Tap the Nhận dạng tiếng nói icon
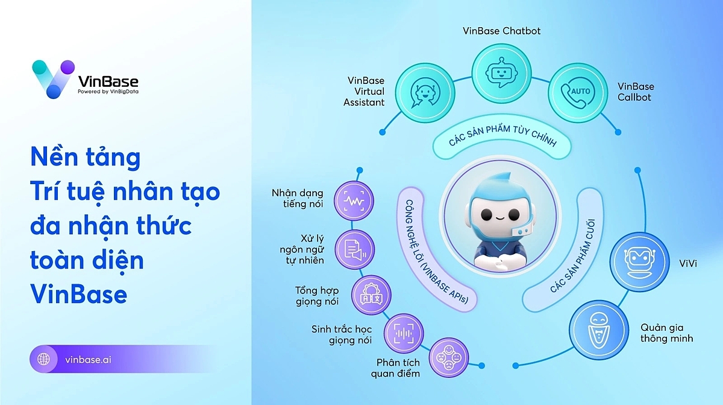point(353,199)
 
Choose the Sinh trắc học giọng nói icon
point(403,333)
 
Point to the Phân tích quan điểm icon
point(448,357)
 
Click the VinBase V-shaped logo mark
point(53,79)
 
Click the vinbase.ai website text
point(88,359)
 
